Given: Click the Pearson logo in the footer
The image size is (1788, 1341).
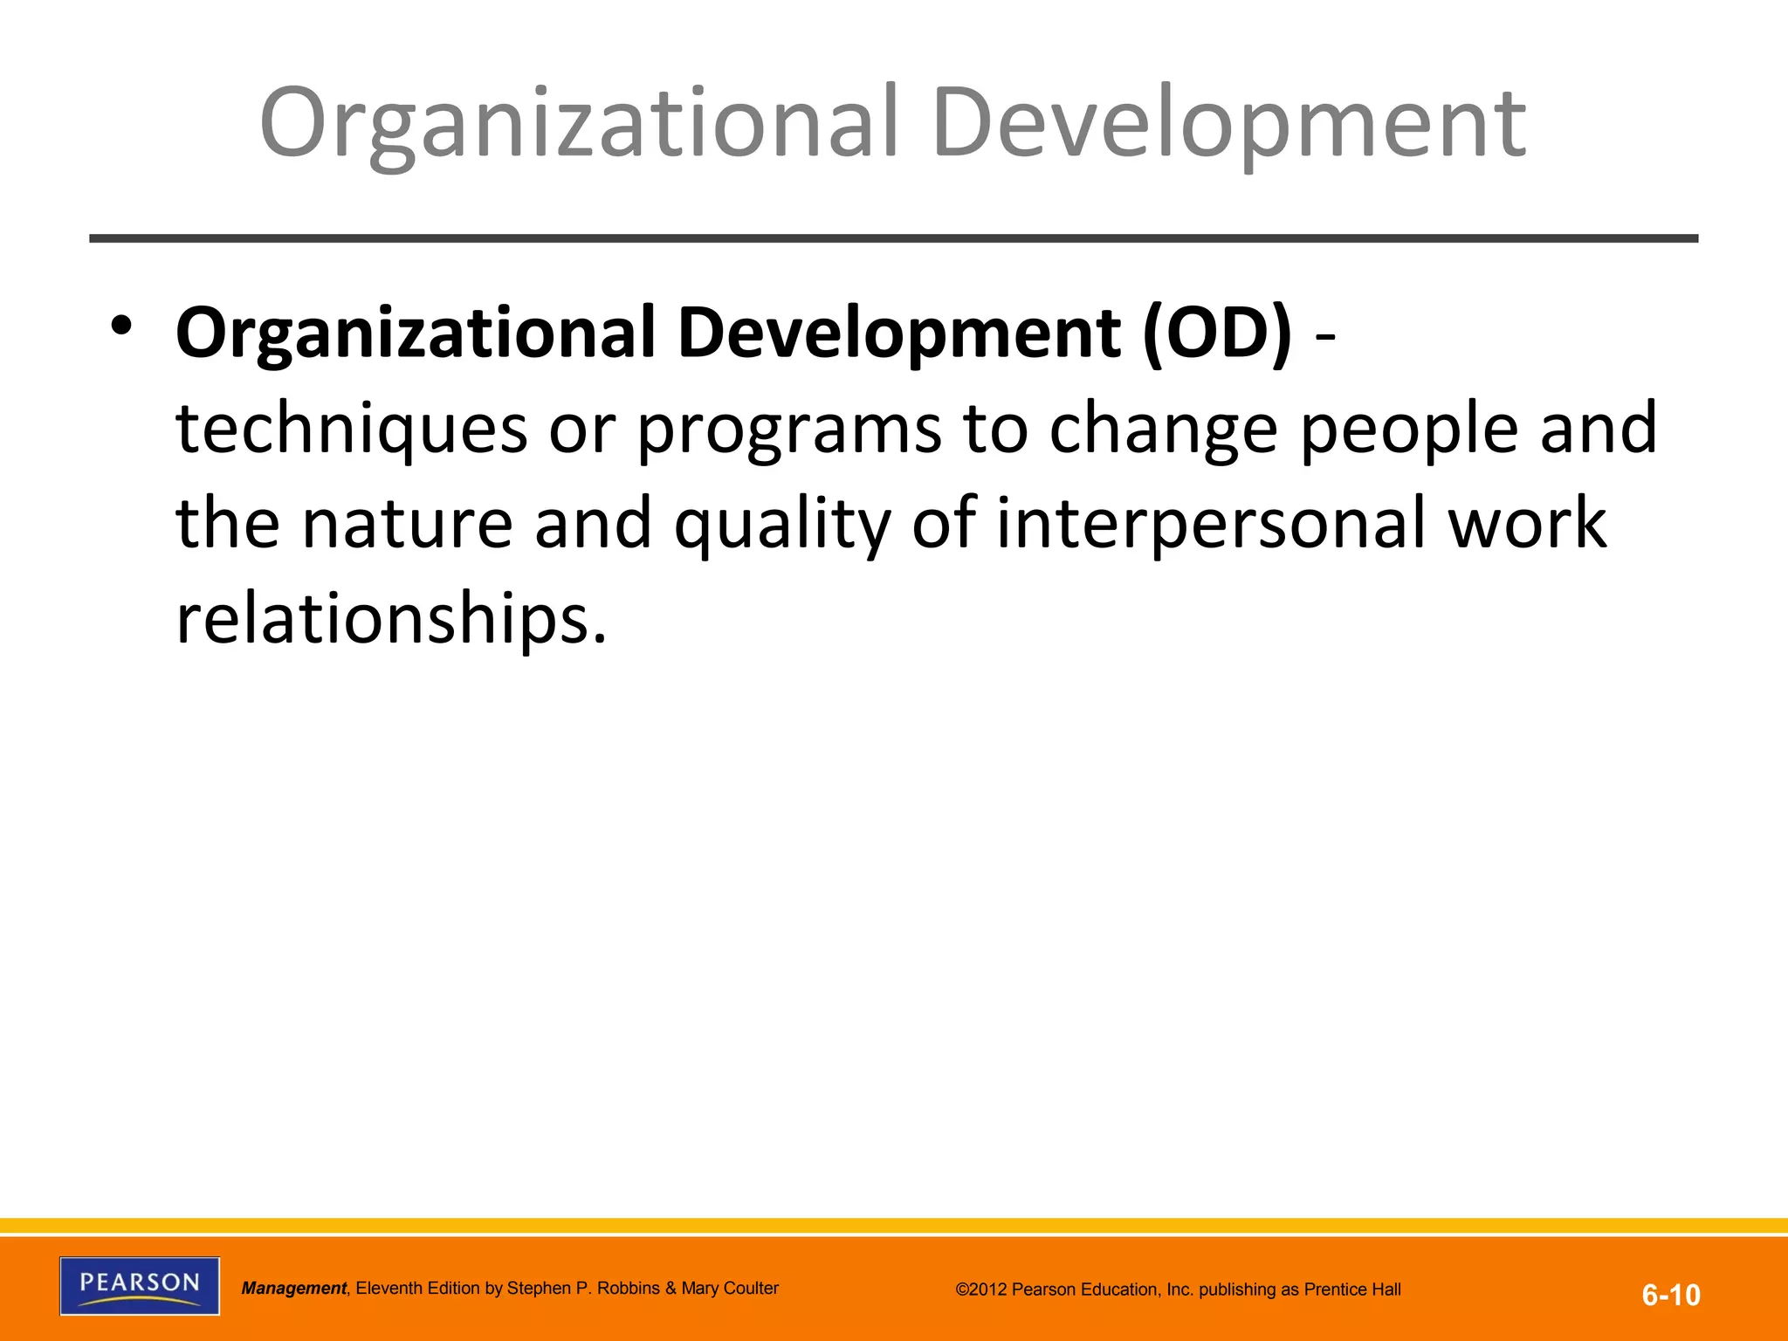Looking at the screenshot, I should click(140, 1285).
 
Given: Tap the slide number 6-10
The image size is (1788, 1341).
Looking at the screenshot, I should click(1670, 1295).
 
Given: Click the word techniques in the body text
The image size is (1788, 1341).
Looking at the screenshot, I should click(352, 429).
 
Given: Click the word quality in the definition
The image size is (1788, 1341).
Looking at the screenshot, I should click(782, 525).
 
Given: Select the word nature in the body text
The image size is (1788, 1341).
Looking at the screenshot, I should click(407, 523).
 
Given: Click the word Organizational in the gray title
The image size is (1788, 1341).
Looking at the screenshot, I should click(579, 124).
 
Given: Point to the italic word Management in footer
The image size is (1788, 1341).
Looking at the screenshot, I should click(294, 1288).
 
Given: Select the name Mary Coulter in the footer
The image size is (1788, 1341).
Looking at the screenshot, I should click(730, 1288).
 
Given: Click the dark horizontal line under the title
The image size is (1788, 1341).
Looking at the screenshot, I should click(893, 238).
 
